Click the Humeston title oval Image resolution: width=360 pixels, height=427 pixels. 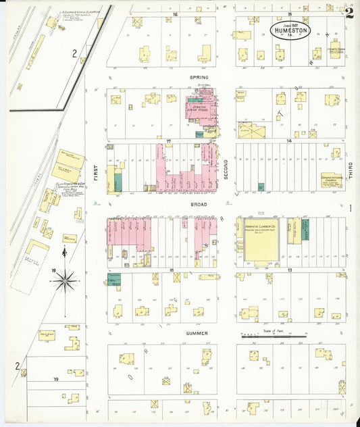(x=292, y=31)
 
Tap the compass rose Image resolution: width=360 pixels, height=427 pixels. (x=64, y=280)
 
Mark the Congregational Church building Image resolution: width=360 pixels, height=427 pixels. (x=331, y=179)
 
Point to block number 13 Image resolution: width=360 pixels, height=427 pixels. (x=290, y=270)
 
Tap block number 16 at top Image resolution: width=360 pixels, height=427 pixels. (x=174, y=14)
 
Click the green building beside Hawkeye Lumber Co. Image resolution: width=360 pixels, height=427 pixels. (x=305, y=229)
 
